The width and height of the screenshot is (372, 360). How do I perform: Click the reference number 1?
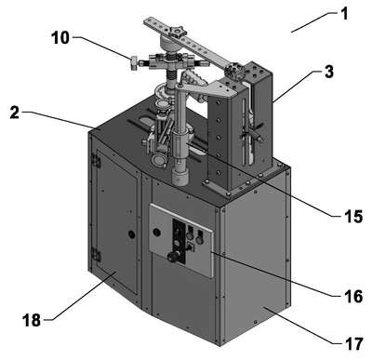[344, 15]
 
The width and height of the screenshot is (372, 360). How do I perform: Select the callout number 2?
[15, 113]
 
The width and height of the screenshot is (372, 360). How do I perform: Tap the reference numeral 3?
[329, 72]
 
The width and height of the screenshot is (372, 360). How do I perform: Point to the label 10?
[60, 38]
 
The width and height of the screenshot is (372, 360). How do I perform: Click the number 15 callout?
[353, 217]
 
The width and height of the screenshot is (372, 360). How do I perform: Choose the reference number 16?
[353, 297]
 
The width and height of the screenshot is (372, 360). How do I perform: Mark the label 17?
[353, 344]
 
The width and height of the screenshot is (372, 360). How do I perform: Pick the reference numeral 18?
[32, 320]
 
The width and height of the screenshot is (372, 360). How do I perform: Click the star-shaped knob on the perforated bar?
[177, 33]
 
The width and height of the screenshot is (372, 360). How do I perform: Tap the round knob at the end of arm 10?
[133, 63]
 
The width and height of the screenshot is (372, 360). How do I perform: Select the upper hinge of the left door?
[96, 161]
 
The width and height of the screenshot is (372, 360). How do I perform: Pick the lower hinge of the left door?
[96, 255]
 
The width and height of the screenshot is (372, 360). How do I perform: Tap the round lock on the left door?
[132, 234]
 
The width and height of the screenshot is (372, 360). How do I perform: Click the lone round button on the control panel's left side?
[156, 232]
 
